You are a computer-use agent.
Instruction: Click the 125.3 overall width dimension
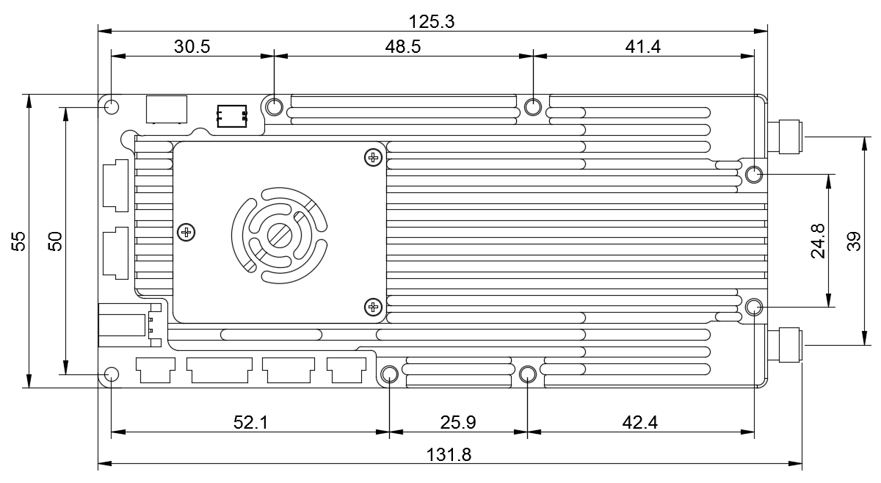click(x=432, y=21)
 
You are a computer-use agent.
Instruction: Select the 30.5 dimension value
click(x=192, y=47)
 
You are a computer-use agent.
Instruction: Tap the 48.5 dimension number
click(x=403, y=47)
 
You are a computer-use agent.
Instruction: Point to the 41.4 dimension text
click(x=642, y=47)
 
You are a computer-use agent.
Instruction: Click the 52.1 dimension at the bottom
click(x=250, y=422)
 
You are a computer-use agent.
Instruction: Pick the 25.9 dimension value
click(x=458, y=422)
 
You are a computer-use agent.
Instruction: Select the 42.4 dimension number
click(x=639, y=422)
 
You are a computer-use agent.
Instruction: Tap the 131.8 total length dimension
click(x=449, y=454)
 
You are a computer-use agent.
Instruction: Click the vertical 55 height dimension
click(x=18, y=241)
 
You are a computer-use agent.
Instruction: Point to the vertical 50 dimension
click(x=55, y=241)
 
